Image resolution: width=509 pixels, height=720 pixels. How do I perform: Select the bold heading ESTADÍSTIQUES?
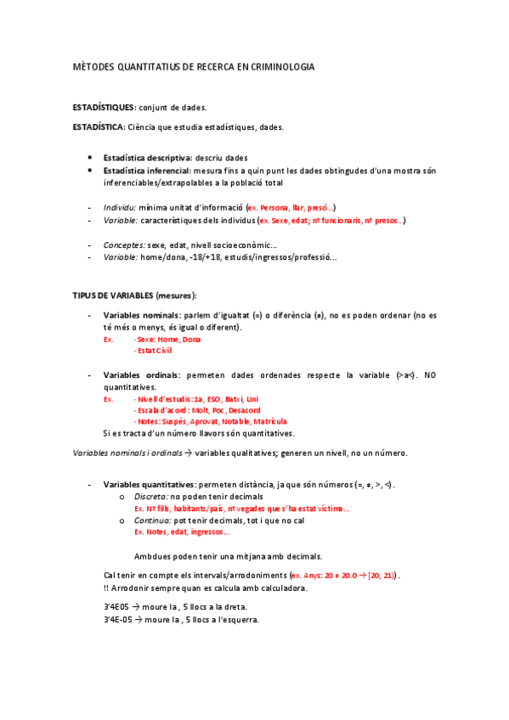(104, 108)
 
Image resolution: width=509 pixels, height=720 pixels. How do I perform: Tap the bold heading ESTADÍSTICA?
(99, 127)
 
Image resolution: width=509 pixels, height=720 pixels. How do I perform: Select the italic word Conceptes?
(124, 245)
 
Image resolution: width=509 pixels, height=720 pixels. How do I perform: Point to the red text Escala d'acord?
(156, 409)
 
